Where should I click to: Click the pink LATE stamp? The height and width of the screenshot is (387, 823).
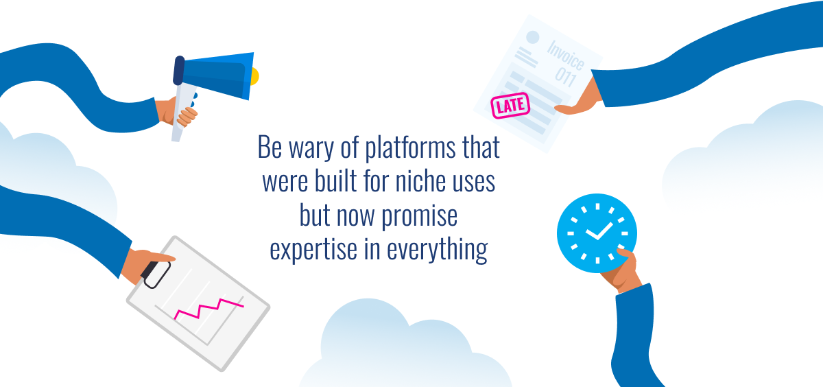pos(510,106)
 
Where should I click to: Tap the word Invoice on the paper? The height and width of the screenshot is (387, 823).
pos(566,55)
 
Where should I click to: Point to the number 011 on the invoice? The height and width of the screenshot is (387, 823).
pos(566,77)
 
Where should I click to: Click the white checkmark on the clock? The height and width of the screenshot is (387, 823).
pos(599,231)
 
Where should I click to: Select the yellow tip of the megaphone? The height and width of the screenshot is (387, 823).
pos(255,76)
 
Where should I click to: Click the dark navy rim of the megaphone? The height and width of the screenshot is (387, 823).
pos(178,71)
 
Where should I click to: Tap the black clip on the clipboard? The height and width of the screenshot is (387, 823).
pos(156,274)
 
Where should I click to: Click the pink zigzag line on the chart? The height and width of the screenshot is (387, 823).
pos(208,309)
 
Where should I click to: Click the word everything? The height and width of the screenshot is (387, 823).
pos(438,250)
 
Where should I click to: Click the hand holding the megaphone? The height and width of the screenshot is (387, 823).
pos(176,112)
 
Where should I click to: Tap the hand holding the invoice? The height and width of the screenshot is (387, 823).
pos(580,99)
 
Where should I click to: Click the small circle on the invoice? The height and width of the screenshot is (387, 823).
pos(532,37)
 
